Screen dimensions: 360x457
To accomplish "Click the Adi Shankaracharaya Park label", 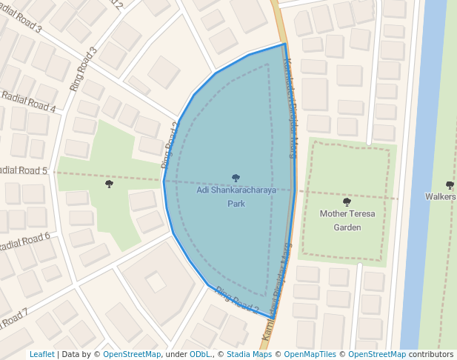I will pos(236,196).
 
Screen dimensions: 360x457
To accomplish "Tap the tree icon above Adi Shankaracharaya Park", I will pos(236,178).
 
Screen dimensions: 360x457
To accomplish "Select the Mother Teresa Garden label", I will pos(347,220).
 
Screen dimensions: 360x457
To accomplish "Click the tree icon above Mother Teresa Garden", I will pos(347,201).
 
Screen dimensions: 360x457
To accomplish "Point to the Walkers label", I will pos(441,196).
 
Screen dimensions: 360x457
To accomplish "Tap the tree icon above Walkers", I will pos(450,184).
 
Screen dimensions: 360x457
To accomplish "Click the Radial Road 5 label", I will pos(23,171).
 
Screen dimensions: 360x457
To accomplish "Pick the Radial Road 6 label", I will pos(24,243).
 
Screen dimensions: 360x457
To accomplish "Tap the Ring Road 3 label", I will pos(84,69).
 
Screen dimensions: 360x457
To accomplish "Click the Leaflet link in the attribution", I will pos(41,354).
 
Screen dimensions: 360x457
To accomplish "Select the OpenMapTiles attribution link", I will pos(307,354).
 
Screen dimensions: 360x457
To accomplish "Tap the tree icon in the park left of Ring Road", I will pos(109,183).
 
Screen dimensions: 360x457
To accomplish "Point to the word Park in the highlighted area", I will pos(236,203).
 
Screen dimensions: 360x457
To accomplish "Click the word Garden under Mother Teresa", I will pos(347,227).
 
